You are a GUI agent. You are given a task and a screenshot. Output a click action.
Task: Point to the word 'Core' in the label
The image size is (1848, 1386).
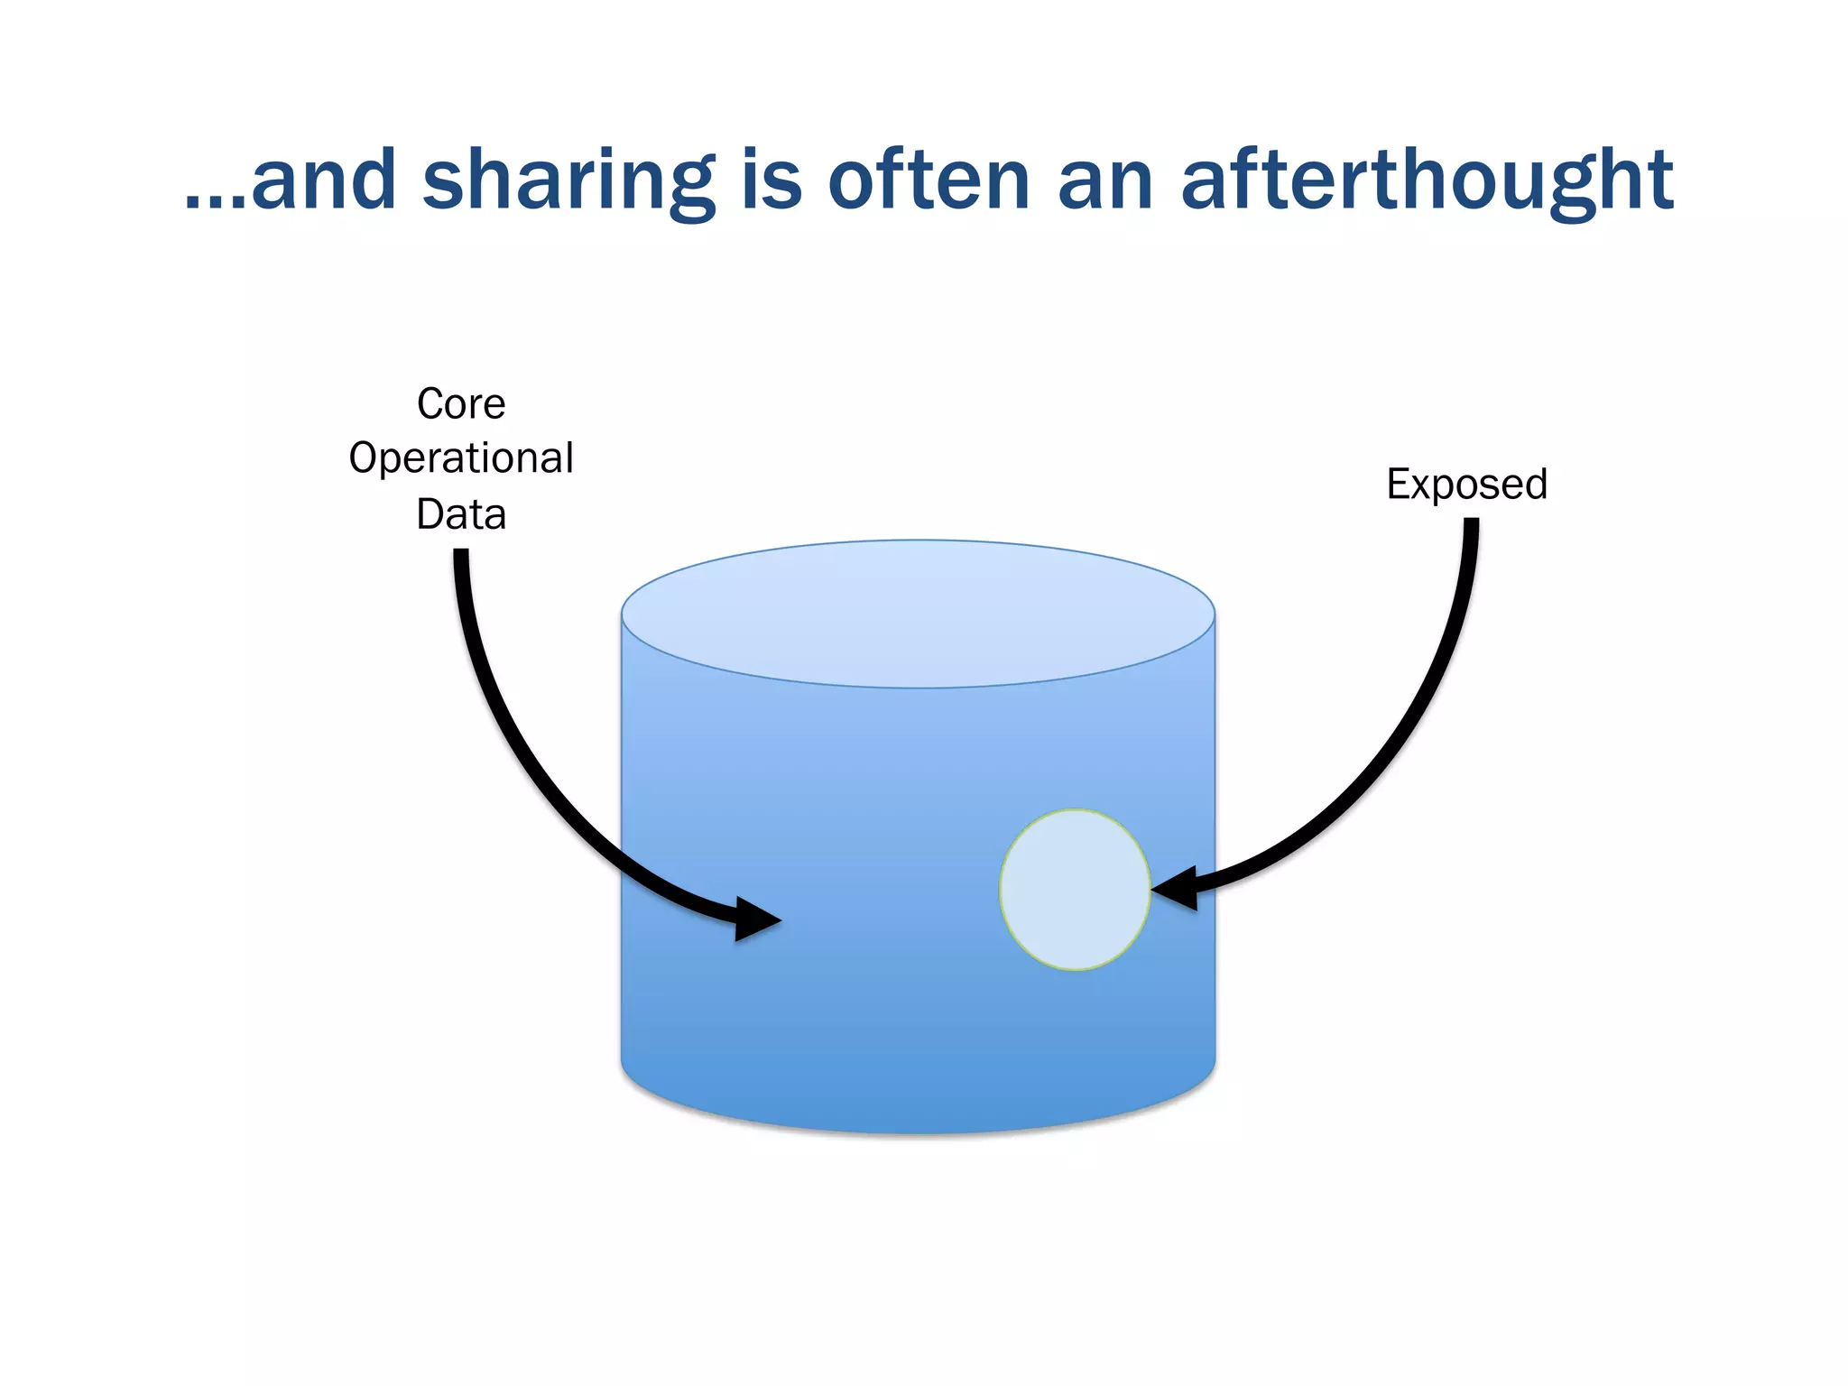point(461,403)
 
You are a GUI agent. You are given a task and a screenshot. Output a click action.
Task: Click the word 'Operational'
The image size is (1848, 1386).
point(461,458)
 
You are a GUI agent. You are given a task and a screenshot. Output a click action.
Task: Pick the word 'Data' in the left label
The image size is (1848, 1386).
point(461,514)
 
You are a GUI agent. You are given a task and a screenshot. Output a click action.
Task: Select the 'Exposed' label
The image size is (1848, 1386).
point(1466,484)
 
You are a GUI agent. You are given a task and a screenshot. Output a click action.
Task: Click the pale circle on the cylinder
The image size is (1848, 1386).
point(1075,890)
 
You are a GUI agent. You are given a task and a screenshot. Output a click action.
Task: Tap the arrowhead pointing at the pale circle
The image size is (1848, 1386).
point(1178,889)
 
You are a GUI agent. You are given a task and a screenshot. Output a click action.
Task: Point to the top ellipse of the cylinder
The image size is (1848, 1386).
point(918,614)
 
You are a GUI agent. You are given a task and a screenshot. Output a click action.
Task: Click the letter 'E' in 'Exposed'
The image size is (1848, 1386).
point(1397,484)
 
